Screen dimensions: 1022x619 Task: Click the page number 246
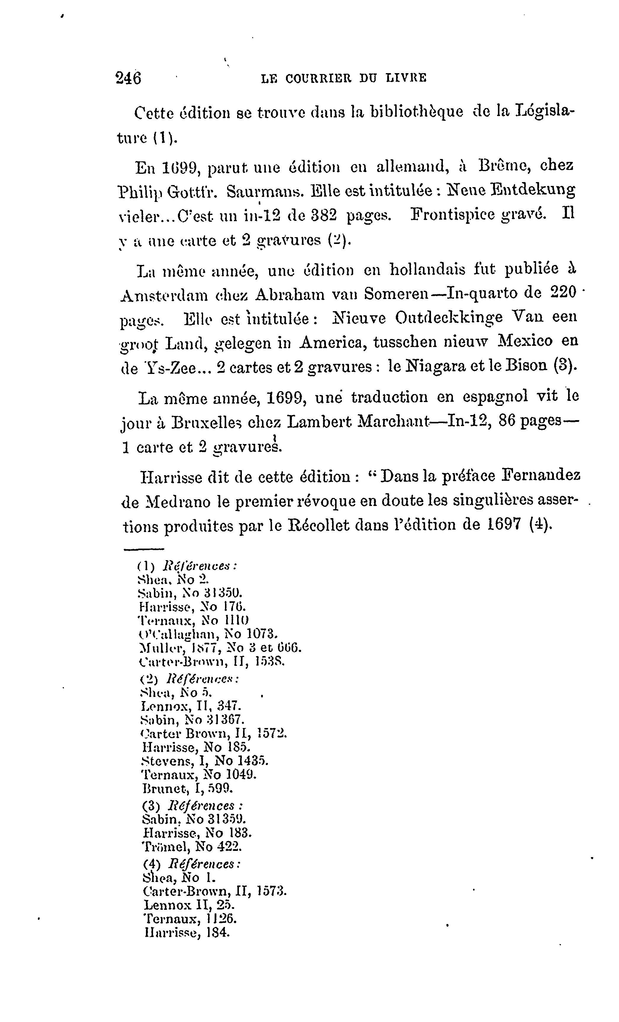[128, 78]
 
